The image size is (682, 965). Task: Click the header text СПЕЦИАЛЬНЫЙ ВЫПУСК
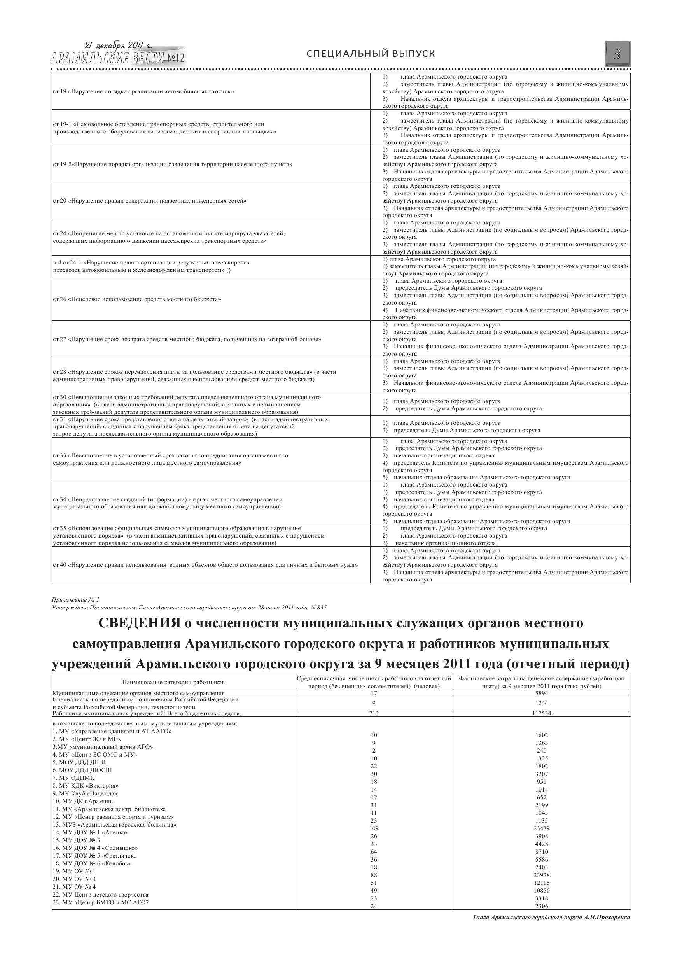point(371,54)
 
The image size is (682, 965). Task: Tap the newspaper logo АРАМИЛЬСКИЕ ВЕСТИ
point(117,58)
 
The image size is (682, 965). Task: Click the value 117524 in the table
point(541,713)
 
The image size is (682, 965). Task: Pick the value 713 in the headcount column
point(374,713)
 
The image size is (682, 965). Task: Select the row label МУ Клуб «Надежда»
point(85,793)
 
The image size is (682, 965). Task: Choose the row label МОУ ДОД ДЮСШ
point(82,770)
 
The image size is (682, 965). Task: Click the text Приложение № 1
point(75,600)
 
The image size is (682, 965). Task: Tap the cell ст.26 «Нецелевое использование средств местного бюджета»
point(137,299)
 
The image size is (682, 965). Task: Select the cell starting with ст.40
point(205,565)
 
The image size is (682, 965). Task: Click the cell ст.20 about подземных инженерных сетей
point(150,201)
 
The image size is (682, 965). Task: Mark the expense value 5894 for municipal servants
point(541,693)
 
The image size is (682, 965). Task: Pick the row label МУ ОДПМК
point(73,778)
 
